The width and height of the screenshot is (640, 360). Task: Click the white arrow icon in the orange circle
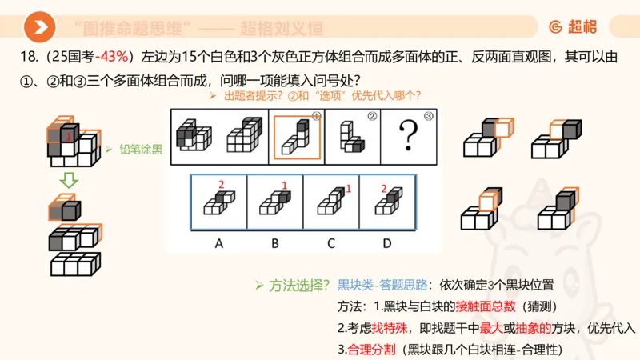tap(40, 28)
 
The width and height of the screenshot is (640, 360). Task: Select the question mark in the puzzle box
tap(409, 137)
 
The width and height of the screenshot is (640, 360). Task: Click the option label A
tap(218, 243)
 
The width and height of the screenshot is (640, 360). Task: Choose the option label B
tap(275, 243)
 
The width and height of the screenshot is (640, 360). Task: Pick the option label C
tap(331, 243)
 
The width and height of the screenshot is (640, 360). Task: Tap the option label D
tap(387, 243)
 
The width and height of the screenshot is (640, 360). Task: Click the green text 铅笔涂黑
tap(141, 149)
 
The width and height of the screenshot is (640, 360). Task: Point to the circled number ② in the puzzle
tap(372, 116)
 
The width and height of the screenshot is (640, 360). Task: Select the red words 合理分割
tap(373, 350)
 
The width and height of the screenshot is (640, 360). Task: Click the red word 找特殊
tap(388, 328)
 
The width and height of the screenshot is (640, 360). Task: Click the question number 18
tap(26, 58)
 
